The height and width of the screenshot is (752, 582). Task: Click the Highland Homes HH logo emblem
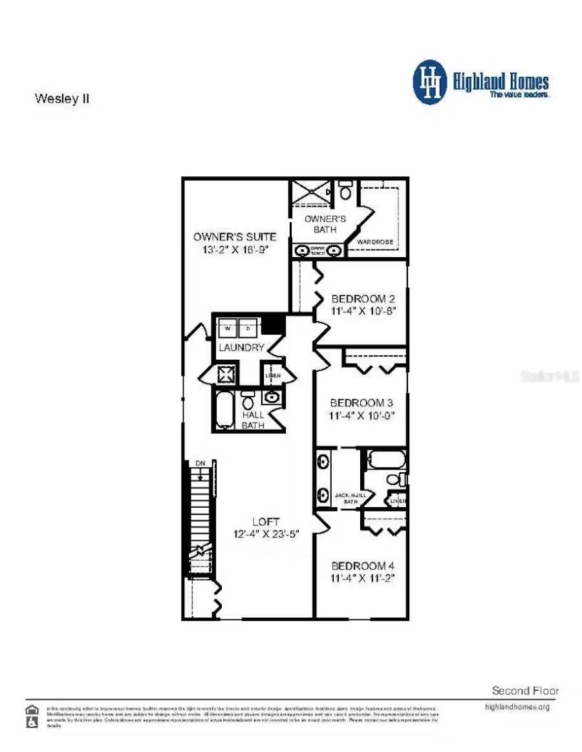point(430,82)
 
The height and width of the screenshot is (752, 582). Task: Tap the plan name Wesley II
point(61,99)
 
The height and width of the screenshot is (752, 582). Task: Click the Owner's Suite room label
point(235,236)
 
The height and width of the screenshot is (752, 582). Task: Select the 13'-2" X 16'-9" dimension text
point(235,249)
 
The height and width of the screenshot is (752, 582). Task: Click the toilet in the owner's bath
point(345,191)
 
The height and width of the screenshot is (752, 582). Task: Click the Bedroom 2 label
point(363,299)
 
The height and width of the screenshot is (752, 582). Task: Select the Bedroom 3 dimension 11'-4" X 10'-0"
point(362,415)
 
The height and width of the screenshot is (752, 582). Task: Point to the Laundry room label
point(241,348)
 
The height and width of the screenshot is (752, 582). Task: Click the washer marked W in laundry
point(228,328)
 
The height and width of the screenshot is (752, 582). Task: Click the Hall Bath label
point(253,420)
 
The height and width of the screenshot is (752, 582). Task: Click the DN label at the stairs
point(200,464)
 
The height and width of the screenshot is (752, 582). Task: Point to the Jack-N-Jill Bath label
point(350,497)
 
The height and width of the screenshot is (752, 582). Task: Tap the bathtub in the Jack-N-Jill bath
point(386,460)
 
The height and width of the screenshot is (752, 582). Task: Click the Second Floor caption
point(524,691)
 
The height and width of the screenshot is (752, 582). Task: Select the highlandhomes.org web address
point(517,707)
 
